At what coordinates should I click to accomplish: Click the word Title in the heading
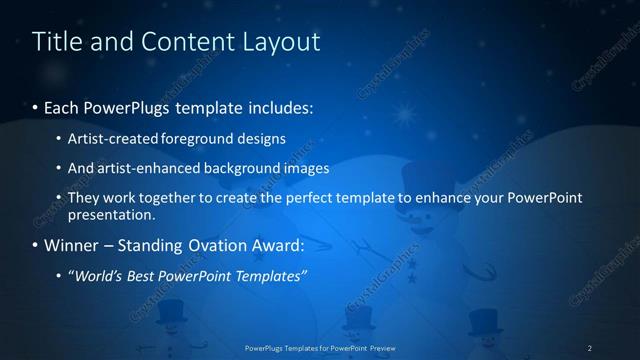tap(58, 42)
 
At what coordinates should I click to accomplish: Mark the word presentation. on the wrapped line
tap(112, 214)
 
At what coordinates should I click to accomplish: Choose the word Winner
tap(73, 245)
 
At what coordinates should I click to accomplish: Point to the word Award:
tap(279, 245)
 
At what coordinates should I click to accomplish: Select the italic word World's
tap(100, 276)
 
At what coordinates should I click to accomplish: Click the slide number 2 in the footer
tap(590, 348)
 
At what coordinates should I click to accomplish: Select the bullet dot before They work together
tap(59, 199)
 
